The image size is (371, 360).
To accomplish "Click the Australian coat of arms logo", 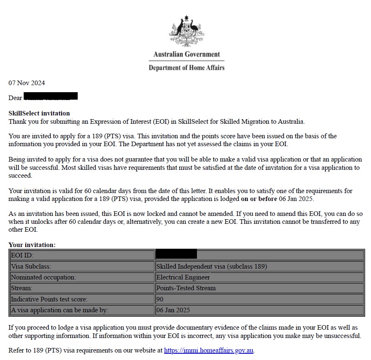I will [187, 31].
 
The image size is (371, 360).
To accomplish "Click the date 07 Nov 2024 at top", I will [27, 83].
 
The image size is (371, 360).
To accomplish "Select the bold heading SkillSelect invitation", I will [39, 113].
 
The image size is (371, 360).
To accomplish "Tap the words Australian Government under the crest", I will [187, 54].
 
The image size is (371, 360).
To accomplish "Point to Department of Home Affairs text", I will [187, 68].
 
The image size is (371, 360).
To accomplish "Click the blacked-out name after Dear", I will [51, 96].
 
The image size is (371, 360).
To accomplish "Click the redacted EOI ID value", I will [176, 254].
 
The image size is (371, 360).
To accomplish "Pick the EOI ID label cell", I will [81, 255].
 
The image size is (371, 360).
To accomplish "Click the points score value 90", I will [160, 299].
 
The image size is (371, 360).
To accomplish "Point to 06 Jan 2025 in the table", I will [173, 310].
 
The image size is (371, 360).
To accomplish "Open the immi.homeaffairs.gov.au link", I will [209, 350].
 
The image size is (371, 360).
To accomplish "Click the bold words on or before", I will [259, 199].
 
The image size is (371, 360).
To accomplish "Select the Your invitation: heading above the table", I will [32, 245].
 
